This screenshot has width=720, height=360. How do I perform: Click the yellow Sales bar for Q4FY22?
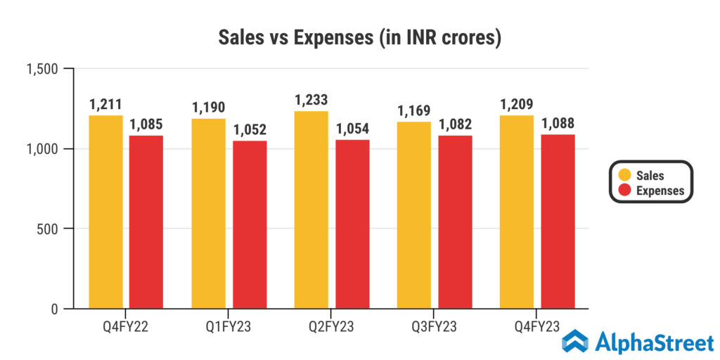pyautogui.click(x=105, y=212)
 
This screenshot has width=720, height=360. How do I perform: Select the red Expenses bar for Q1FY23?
pyautogui.click(x=250, y=224)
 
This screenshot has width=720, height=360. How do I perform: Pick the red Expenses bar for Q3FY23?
pyautogui.click(x=455, y=222)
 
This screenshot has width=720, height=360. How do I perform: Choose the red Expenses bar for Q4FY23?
pyautogui.click(x=558, y=221)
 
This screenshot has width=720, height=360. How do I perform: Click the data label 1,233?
pyautogui.click(x=311, y=100)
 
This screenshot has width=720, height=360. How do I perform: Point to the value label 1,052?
pyautogui.click(x=250, y=129)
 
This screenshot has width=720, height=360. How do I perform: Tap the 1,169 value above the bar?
pyautogui.click(x=414, y=110)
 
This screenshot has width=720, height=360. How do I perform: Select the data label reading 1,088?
pyautogui.click(x=558, y=123)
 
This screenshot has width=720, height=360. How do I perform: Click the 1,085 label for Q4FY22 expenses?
pyautogui.click(x=146, y=124)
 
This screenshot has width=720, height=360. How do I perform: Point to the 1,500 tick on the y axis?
pyautogui.click(x=41, y=69)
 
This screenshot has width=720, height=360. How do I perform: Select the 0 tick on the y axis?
pyautogui.click(x=54, y=309)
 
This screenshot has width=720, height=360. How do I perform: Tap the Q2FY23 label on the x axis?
pyautogui.click(x=331, y=327)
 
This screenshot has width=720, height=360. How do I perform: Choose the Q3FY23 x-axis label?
pyautogui.click(x=434, y=327)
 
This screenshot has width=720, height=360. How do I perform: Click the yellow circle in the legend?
pyautogui.click(x=624, y=175)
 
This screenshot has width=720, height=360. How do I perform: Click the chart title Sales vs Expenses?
pyautogui.click(x=359, y=37)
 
